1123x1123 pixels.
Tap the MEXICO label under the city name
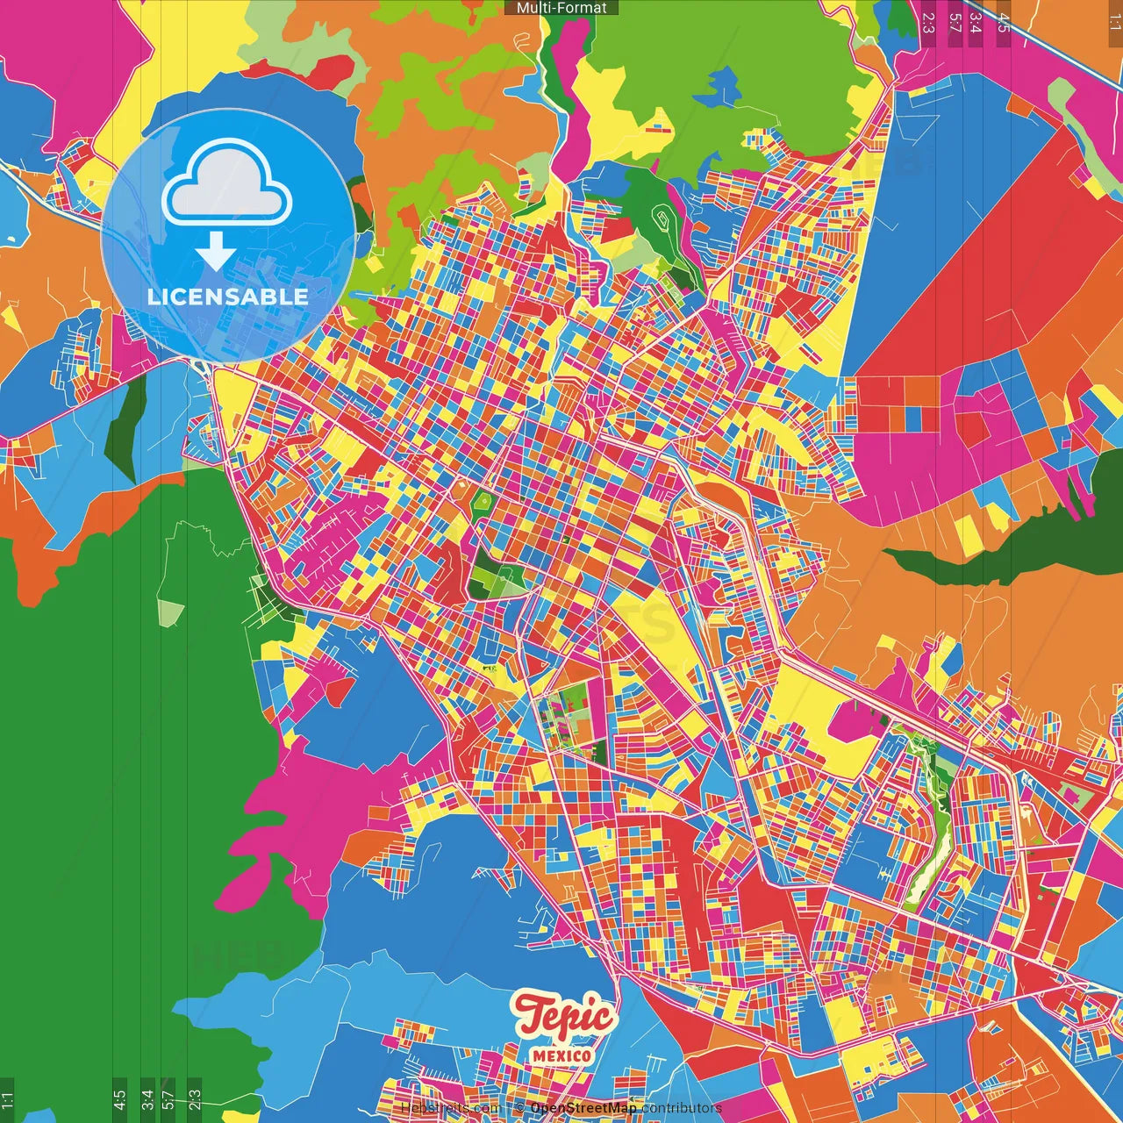click(561, 1055)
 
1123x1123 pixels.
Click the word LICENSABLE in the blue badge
click(228, 297)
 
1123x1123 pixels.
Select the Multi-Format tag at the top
click(561, 8)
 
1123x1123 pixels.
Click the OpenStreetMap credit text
click(583, 1108)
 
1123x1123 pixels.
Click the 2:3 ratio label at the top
click(928, 22)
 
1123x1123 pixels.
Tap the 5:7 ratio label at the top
click(955, 22)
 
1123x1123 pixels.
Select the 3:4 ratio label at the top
click(975, 22)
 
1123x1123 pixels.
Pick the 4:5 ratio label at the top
click(1003, 22)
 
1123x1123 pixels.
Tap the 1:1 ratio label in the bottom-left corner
click(7, 1099)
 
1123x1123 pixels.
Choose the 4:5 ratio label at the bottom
click(119, 1099)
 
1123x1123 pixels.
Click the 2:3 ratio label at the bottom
click(195, 1099)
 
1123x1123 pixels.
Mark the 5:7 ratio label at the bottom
click(168, 1099)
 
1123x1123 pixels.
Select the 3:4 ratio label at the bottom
click(147, 1099)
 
